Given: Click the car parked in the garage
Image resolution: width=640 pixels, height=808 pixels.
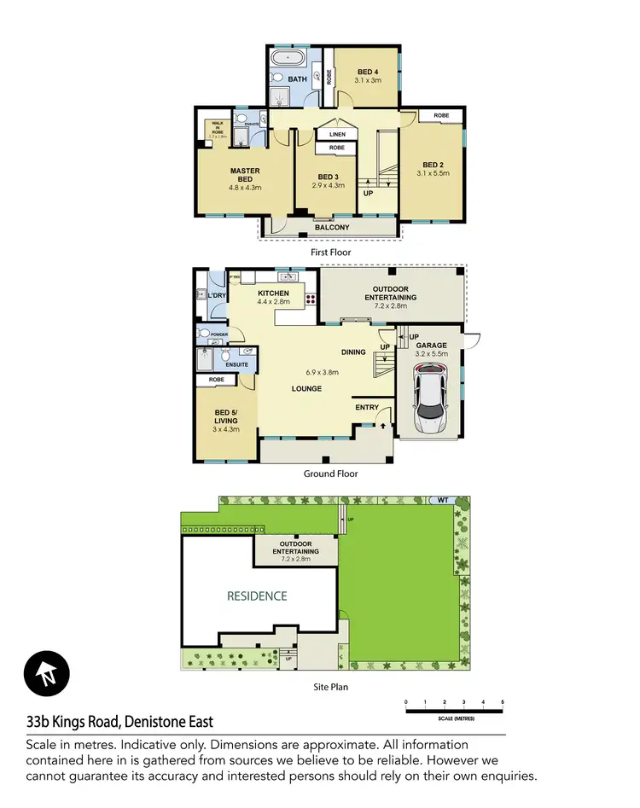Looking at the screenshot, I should click(x=430, y=399).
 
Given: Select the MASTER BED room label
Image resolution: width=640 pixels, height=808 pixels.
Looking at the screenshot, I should click(x=245, y=175).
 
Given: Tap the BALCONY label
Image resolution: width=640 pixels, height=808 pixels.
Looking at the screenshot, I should click(x=332, y=228).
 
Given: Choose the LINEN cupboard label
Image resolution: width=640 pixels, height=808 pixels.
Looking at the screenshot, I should click(x=337, y=134).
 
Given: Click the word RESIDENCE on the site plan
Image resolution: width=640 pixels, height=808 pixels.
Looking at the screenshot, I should click(x=256, y=596).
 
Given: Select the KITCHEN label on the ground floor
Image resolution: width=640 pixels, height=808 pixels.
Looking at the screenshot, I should click(x=274, y=294).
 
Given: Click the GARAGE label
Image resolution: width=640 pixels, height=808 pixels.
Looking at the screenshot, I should click(x=432, y=346).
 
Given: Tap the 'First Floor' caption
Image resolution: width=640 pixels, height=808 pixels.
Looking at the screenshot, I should click(x=331, y=253).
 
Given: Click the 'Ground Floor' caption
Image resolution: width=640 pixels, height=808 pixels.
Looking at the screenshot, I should click(x=331, y=474).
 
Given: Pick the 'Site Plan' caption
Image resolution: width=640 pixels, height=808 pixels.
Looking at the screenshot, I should click(x=329, y=686).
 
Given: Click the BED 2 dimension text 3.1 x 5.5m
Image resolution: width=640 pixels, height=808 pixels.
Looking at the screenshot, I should click(x=433, y=173).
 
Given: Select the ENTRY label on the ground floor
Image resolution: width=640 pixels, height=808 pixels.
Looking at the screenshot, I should click(x=366, y=407).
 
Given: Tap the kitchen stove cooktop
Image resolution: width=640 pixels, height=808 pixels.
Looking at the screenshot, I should click(x=311, y=300).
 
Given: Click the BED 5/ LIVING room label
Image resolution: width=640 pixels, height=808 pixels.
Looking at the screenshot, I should click(x=226, y=419).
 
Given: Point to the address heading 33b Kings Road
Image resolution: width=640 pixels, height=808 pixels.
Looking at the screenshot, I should click(x=121, y=723).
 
